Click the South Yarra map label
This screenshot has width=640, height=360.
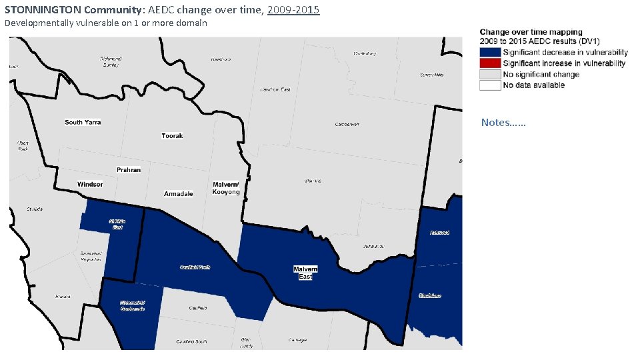click(x=83, y=123)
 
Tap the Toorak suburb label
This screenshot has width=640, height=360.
click(x=172, y=136)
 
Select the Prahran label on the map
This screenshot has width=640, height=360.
click(x=129, y=170)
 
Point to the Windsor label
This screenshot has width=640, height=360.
click(x=90, y=185)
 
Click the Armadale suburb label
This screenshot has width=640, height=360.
click(x=178, y=194)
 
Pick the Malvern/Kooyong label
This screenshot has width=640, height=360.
click(x=226, y=189)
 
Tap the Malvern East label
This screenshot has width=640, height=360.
click(x=305, y=273)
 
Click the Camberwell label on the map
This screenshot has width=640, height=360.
click(x=347, y=125)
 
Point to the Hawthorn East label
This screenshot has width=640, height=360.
click(x=275, y=89)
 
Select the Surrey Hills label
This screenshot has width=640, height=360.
click(x=431, y=75)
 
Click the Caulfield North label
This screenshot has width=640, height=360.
click(x=195, y=267)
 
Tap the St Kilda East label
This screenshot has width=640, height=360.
click(x=117, y=225)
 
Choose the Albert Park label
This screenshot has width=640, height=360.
click(x=23, y=145)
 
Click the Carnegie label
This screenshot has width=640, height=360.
click(x=297, y=341)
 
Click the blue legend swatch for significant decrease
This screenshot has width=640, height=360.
click(x=489, y=53)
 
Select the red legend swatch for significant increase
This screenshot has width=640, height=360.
click(x=489, y=63)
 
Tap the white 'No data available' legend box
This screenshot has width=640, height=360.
click(x=489, y=85)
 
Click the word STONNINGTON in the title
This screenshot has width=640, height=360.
click(x=43, y=11)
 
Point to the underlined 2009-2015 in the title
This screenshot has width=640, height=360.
click(x=293, y=11)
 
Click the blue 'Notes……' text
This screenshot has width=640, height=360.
click(x=503, y=123)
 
